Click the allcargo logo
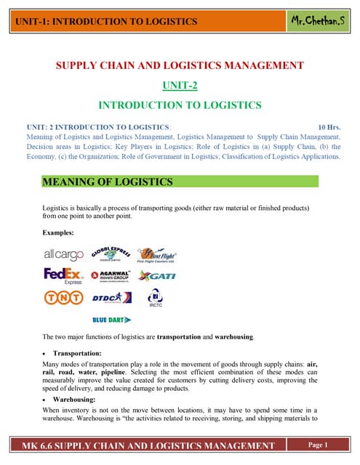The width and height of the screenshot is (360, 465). tap(63, 255)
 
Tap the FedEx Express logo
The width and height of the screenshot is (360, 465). tap(63, 276)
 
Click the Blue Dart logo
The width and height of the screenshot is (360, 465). tap(111, 319)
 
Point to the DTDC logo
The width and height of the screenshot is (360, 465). tap(111, 297)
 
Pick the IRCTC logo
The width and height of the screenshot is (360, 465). tap(156, 297)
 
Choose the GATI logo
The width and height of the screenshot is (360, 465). tap(157, 276)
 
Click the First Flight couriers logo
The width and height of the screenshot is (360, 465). tap(159, 256)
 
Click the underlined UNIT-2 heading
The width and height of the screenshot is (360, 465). tap(179, 85)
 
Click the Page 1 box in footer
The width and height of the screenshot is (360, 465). tap(319, 445)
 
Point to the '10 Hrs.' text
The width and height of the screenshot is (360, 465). tap(329, 126)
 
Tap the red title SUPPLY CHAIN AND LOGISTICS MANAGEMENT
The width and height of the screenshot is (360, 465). tap(180, 66)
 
